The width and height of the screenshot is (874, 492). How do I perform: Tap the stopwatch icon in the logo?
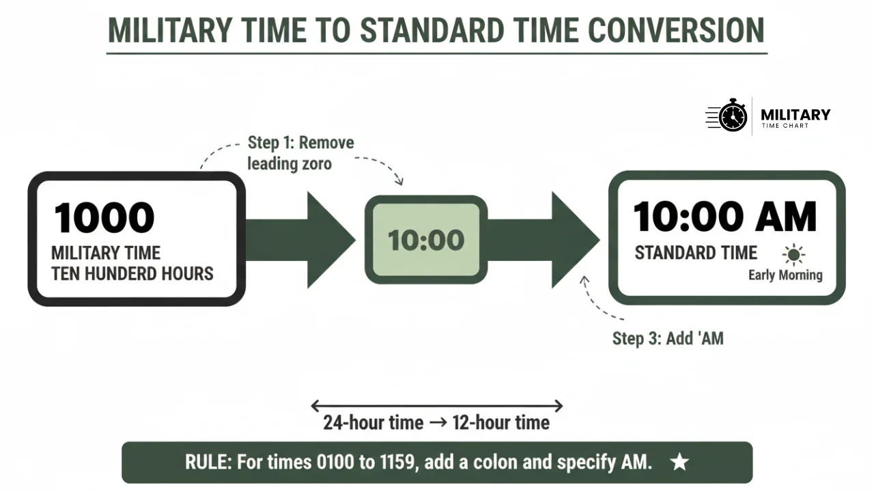pos(733,115)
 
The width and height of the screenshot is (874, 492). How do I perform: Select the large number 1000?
pos(104,217)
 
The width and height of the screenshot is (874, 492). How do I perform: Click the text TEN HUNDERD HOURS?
pos(132,274)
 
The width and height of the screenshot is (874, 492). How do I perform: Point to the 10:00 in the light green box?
pos(426,240)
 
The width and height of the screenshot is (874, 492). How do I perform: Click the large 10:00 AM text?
pos(724,217)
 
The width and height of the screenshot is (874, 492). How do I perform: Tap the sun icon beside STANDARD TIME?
pos(793,255)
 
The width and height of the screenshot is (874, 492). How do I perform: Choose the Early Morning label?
pos(785,275)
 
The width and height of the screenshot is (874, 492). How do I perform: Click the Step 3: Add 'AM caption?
pos(667,338)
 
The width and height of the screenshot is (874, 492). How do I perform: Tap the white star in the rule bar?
pos(679,462)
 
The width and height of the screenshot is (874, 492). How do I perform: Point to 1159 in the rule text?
pos(396,462)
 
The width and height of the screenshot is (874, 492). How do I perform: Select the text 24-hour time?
pos(373,422)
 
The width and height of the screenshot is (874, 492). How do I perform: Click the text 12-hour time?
pos(501,422)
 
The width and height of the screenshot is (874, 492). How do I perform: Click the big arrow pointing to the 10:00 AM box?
pos(546,239)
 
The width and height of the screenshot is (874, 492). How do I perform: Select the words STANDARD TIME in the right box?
pos(696,253)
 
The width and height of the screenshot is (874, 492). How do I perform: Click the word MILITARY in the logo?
pos(795,114)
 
